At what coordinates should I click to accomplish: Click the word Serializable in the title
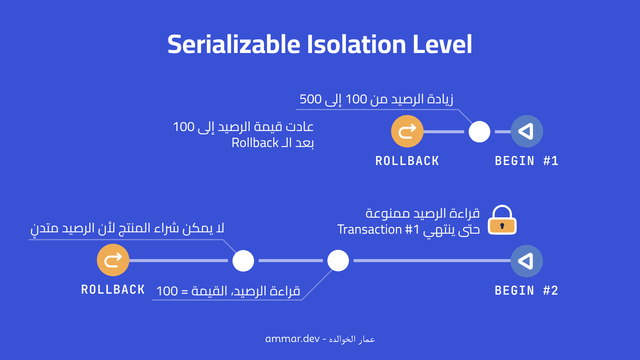click(x=234, y=44)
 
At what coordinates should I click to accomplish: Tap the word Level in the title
click(x=442, y=44)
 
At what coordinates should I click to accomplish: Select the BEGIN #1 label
click(x=526, y=161)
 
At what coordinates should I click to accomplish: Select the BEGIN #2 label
click(x=526, y=291)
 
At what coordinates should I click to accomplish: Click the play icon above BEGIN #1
click(x=527, y=131)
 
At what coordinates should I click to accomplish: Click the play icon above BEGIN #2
click(x=527, y=261)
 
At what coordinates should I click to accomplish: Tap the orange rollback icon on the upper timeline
click(x=407, y=131)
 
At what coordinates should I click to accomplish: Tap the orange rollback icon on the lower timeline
click(x=113, y=260)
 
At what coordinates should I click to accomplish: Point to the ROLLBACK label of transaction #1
click(x=407, y=161)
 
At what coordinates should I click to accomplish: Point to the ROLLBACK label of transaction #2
click(x=113, y=290)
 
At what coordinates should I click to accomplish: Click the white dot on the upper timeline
click(x=479, y=132)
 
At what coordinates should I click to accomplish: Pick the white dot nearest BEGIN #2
click(x=338, y=261)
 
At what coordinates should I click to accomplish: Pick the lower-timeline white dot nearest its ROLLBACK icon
click(x=243, y=261)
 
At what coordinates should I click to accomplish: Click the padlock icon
click(x=502, y=221)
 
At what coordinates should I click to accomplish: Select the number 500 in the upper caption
click(x=310, y=99)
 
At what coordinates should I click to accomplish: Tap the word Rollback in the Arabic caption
click(x=255, y=143)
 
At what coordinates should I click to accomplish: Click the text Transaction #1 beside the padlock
click(x=378, y=230)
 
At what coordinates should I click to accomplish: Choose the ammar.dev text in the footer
click(x=292, y=339)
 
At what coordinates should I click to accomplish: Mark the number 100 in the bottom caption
click(x=167, y=291)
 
